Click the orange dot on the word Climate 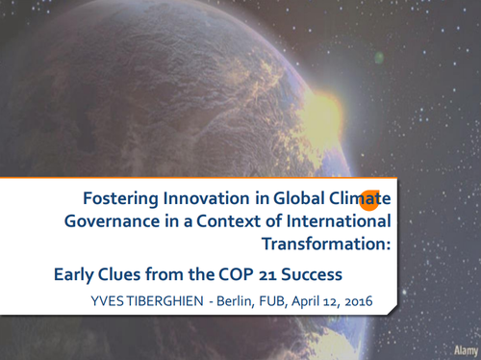(368, 198)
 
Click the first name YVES (107, 302)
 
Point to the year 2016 (355, 302)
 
